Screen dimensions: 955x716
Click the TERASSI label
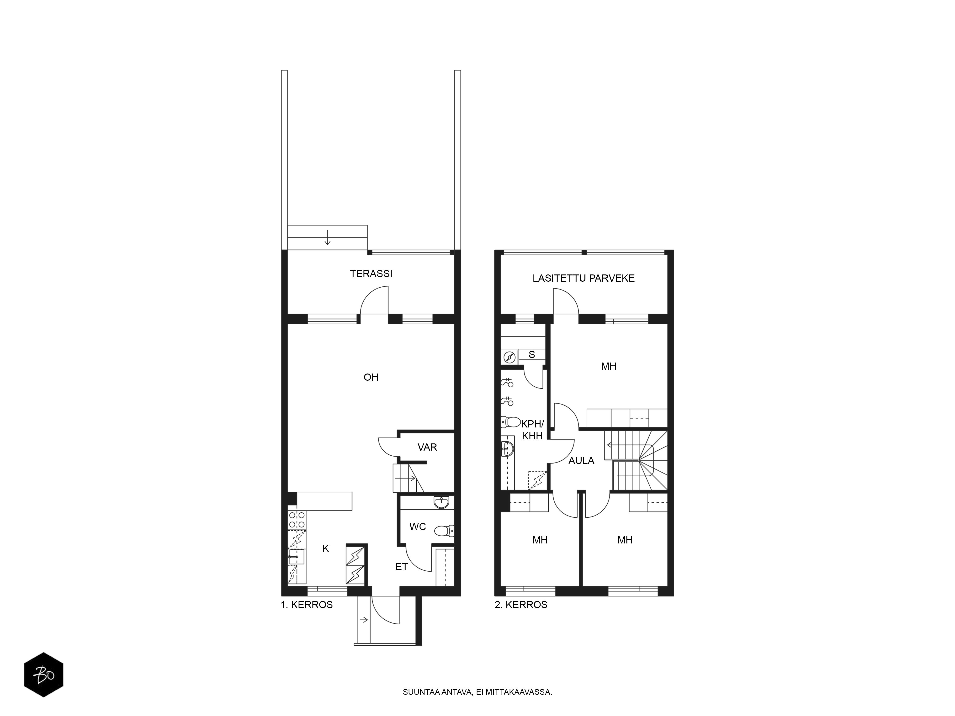[x=371, y=274]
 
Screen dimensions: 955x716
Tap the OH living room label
[x=371, y=377]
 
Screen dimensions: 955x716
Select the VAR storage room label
[x=427, y=447]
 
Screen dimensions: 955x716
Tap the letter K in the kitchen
[x=325, y=548]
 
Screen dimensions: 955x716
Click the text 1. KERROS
[x=307, y=605]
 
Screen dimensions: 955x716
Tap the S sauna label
[x=532, y=355]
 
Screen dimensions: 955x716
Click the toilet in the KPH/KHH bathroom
[x=511, y=422]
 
